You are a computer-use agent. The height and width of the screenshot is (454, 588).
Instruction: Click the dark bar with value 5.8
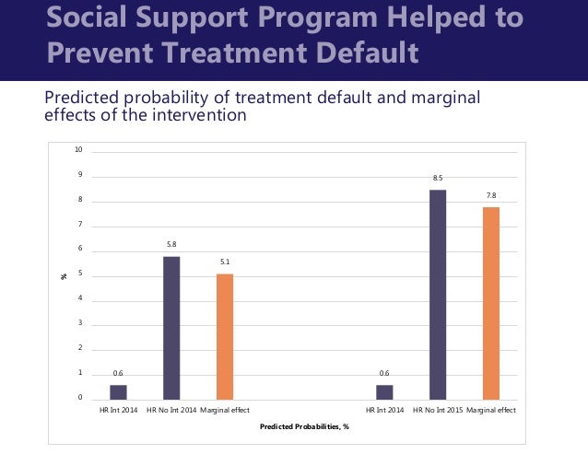[x=171, y=327]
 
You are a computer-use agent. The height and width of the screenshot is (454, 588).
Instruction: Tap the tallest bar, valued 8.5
[x=437, y=294]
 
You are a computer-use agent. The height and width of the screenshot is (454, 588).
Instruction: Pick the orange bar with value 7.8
[x=490, y=303]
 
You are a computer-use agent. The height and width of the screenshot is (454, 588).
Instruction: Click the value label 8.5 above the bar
[x=437, y=178]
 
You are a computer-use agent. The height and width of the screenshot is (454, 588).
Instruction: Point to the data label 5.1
[x=225, y=262]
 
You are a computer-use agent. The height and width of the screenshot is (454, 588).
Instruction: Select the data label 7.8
[x=490, y=195]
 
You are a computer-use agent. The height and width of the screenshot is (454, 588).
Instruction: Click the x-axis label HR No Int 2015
[x=437, y=409]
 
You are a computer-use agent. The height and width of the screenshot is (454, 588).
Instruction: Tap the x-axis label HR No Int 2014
[x=171, y=409]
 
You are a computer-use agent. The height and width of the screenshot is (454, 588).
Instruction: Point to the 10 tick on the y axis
[x=80, y=149]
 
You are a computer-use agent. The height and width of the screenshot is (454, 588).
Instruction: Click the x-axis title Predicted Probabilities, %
[x=304, y=426]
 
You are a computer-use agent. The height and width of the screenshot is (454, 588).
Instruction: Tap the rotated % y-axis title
[x=65, y=274]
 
